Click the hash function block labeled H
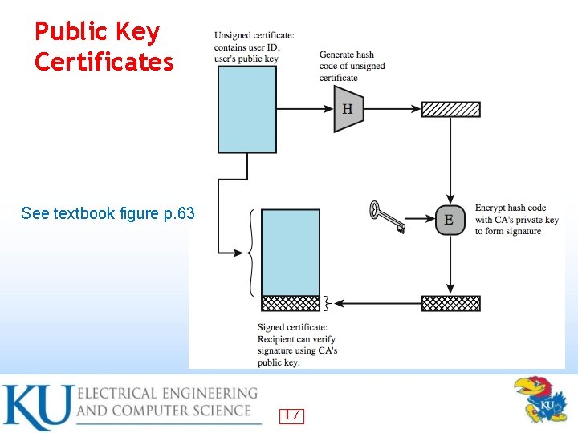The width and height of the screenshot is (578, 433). [348, 109]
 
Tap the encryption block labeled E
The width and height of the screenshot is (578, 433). [450, 220]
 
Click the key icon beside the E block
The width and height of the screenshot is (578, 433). [388, 217]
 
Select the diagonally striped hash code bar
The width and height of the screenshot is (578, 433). [450, 110]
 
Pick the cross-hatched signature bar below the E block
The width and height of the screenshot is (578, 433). [450, 303]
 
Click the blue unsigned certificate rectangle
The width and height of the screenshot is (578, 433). [247, 109]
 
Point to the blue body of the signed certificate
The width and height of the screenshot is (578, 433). [291, 252]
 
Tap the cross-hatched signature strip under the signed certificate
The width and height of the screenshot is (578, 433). [291, 303]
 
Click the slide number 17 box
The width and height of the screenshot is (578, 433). [291, 415]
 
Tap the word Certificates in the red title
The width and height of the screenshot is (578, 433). [104, 62]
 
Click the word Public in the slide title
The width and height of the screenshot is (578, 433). [70, 32]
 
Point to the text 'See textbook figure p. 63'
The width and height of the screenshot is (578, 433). [108, 213]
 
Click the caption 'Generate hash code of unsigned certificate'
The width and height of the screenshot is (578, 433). [352, 67]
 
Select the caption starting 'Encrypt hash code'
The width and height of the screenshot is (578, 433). [516, 220]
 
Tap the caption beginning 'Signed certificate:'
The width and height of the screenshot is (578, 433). [297, 345]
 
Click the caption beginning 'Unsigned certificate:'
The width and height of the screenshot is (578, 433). [254, 47]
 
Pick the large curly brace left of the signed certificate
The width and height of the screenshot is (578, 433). [252, 252]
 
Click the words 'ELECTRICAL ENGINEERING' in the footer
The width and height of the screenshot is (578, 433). [167, 393]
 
